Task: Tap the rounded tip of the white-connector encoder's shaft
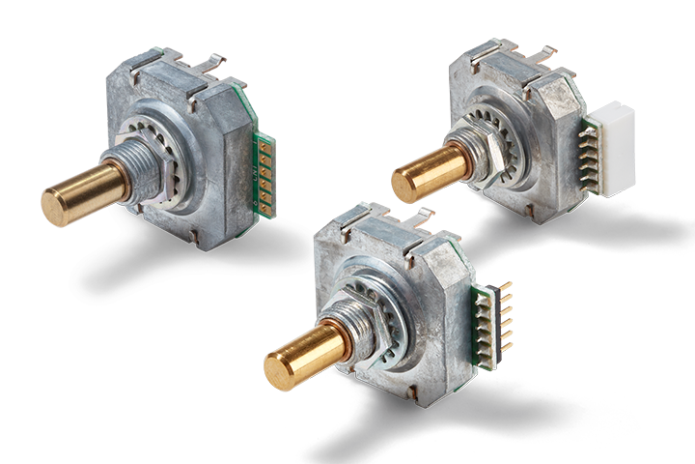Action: [x=401, y=188]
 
